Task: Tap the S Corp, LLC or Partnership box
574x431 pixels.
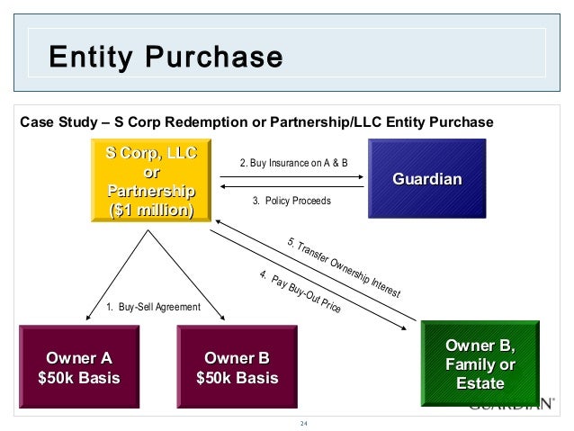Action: [x=150, y=181]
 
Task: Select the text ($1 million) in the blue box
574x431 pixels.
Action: [x=151, y=211]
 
